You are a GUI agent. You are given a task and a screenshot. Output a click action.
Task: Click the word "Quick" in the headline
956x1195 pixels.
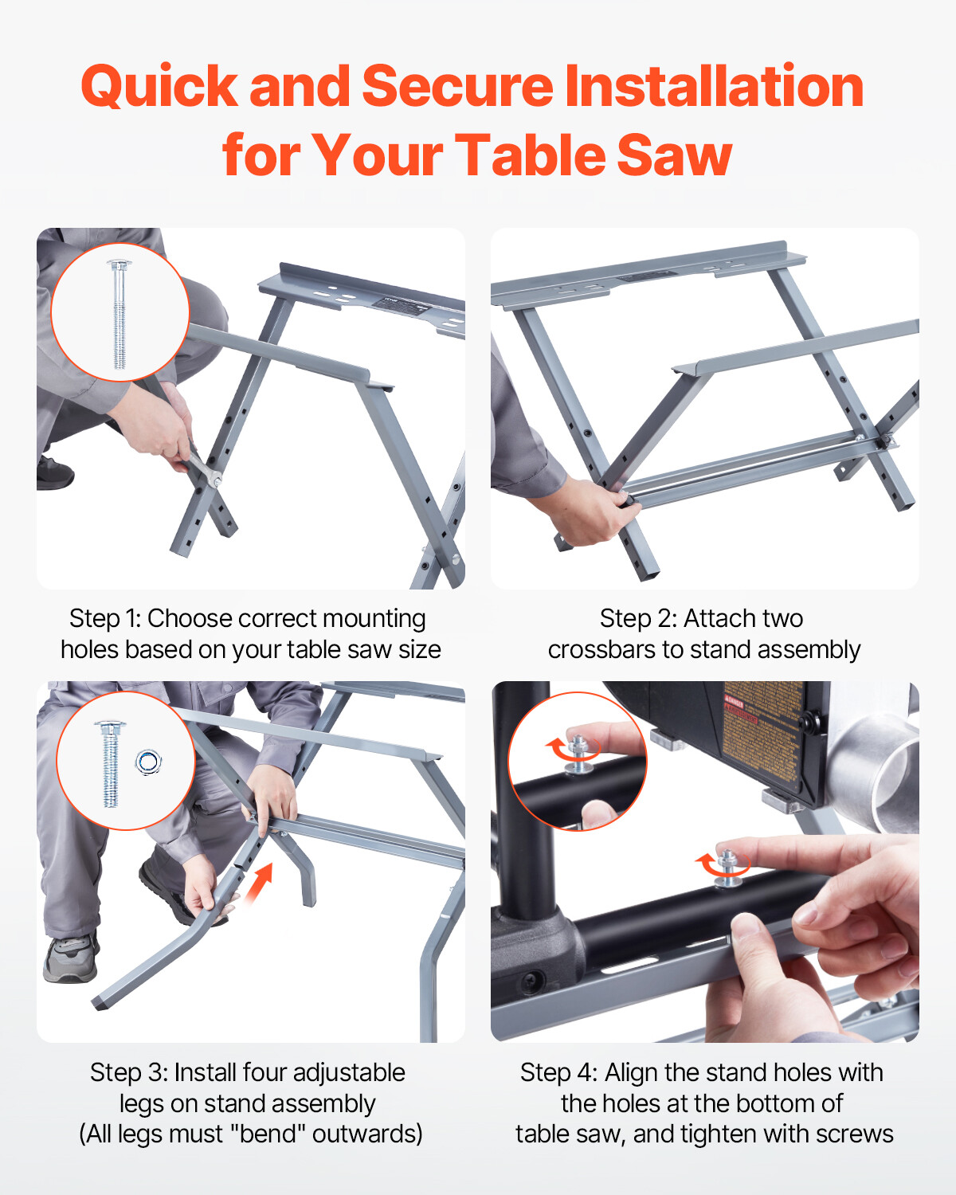pyautogui.click(x=159, y=86)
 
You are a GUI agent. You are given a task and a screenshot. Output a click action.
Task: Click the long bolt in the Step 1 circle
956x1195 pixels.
pyautogui.click(x=119, y=314)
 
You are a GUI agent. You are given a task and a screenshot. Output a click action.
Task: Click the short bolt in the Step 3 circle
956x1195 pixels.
pyautogui.click(x=110, y=763)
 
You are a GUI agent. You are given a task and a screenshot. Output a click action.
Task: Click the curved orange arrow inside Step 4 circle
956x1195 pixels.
pyautogui.click(x=558, y=748)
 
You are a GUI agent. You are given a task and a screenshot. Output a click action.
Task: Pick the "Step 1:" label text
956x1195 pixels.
pyautogui.click(x=105, y=618)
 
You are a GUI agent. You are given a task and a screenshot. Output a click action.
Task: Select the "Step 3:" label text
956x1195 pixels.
pyautogui.click(x=128, y=1072)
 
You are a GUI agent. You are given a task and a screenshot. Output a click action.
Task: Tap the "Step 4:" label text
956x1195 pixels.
pyautogui.click(x=558, y=1072)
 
